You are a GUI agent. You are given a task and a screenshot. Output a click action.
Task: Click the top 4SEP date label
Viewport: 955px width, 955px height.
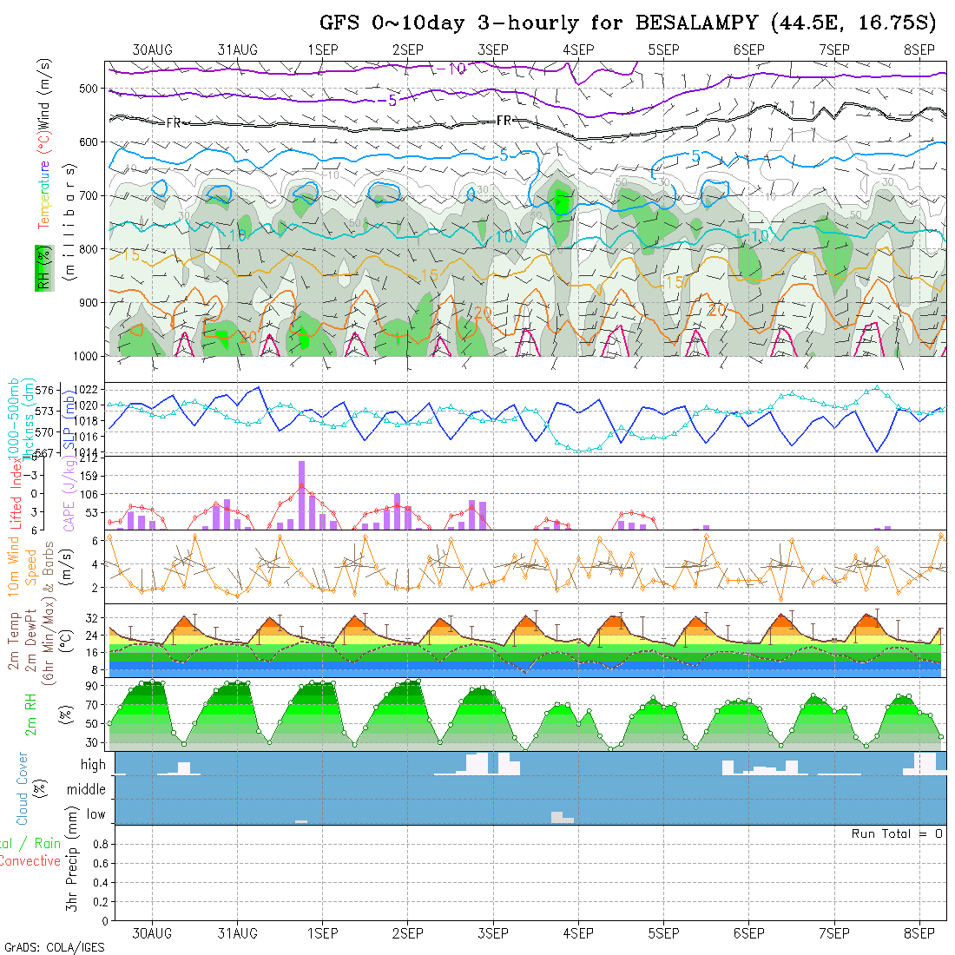578,49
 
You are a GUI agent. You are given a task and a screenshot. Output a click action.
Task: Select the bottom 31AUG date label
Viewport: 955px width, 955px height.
237,933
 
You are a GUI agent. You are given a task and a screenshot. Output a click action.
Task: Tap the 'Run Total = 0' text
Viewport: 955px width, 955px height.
897,833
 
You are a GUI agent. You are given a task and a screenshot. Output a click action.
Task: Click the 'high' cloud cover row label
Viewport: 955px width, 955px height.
93,765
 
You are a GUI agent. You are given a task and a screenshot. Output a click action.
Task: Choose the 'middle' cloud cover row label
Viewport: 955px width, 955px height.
87,789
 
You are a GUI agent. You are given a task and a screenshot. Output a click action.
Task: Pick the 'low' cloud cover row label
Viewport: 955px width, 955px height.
95,814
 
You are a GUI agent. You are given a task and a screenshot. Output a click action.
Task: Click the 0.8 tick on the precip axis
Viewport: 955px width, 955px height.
99,844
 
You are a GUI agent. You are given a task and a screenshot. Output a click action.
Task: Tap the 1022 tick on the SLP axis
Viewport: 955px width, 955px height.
90,389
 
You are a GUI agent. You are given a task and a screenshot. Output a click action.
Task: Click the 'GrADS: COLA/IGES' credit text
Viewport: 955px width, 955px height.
54,947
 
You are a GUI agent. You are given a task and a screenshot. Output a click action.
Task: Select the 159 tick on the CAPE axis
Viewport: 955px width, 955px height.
91,476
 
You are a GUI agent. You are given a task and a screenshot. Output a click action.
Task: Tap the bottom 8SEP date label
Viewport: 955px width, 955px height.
919,933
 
